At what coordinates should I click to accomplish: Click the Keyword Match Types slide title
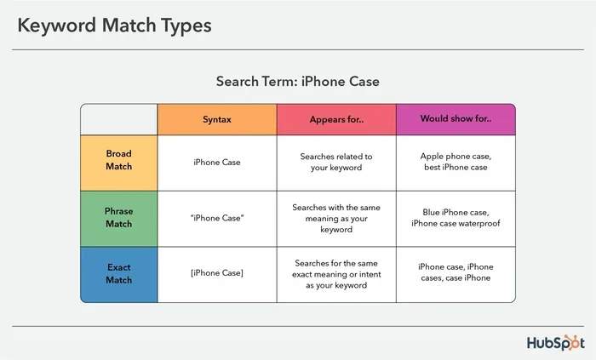114,26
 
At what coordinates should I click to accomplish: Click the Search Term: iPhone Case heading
297,81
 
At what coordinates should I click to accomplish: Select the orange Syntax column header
216,119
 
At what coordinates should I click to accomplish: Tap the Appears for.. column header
336,119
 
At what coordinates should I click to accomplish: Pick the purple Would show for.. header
456,119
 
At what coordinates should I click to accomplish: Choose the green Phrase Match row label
118,218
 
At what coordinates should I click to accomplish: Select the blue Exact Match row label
118,273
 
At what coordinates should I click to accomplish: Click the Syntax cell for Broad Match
216,162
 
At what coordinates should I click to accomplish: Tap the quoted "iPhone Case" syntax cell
216,218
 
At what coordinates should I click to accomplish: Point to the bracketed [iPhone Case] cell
216,273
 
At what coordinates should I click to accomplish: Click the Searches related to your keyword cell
336,162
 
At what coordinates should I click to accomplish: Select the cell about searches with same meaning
336,218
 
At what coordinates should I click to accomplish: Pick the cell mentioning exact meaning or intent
336,273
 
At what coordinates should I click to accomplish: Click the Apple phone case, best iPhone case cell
456,162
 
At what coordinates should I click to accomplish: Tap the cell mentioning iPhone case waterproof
456,218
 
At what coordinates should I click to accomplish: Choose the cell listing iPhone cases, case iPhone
456,273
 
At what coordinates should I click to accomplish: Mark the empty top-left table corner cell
118,119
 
